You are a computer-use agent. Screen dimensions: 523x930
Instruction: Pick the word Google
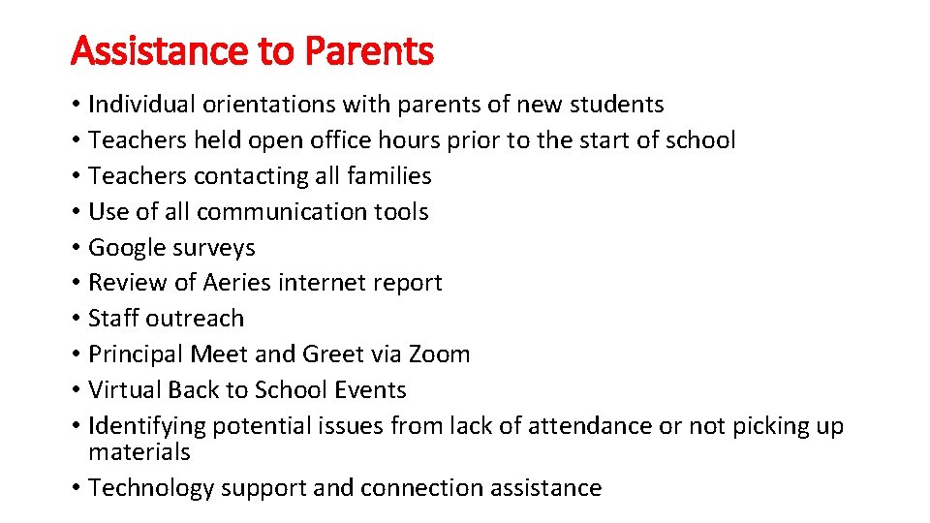(122, 248)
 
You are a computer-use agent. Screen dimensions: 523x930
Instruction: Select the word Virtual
(124, 390)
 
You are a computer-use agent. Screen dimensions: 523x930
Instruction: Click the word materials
(139, 452)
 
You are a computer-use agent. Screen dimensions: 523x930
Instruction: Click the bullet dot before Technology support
(76, 488)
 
